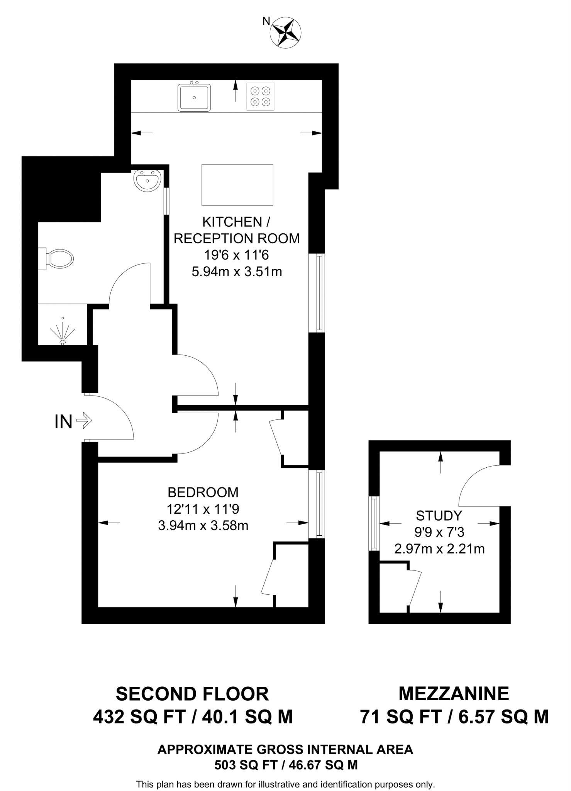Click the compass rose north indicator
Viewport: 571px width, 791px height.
coord(286,32)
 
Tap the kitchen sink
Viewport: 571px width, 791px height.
coord(194,97)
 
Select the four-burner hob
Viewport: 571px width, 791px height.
coord(260,97)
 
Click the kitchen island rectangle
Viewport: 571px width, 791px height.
coord(237,185)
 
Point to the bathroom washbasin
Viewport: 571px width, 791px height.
coord(147,180)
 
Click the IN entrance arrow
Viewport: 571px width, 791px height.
coord(84,421)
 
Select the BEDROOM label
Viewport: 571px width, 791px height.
coord(203,492)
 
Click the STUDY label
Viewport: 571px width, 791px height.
coord(439,515)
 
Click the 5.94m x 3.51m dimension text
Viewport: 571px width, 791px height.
coord(237,272)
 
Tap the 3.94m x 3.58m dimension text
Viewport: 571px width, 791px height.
coord(203,525)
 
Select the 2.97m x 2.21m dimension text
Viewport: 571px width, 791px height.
coord(439,548)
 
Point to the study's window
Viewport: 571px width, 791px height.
coord(373,523)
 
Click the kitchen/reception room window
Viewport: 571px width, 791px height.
coord(319,293)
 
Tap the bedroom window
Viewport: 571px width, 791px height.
coord(319,504)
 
